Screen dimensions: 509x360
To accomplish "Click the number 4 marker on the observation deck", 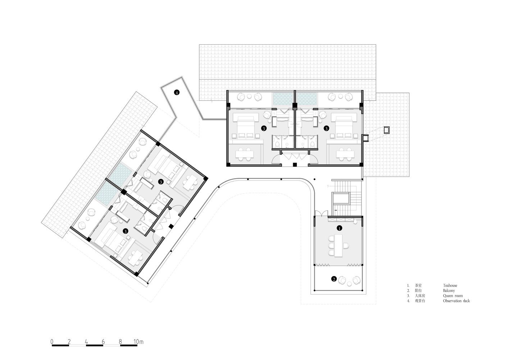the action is pyautogui.click(x=177, y=92).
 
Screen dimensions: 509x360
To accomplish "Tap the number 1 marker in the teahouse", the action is pyautogui.click(x=339, y=228).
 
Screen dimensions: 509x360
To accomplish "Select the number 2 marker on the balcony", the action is pyautogui.click(x=334, y=279).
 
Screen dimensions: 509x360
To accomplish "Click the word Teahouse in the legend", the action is pyautogui.click(x=450, y=285).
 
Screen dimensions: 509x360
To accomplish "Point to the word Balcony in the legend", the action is pyautogui.click(x=449, y=291).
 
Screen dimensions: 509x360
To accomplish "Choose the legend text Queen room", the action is pyautogui.click(x=453, y=296).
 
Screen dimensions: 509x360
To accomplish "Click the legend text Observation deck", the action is pyautogui.click(x=456, y=301).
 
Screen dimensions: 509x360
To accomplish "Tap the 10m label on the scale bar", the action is pyautogui.click(x=138, y=342).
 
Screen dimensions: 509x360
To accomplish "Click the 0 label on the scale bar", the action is pyautogui.click(x=52, y=342).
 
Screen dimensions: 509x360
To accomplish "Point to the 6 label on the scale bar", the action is pyautogui.click(x=103, y=342).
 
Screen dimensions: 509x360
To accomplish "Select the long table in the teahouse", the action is pyautogui.click(x=339, y=246).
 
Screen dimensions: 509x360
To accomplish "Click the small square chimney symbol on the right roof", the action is pyautogui.click(x=387, y=130).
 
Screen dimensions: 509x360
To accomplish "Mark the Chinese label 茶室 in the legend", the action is pyautogui.click(x=418, y=285).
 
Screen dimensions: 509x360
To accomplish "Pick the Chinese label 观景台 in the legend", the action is pyautogui.click(x=420, y=301).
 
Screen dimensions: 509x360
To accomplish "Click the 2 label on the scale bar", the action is pyautogui.click(x=69, y=342).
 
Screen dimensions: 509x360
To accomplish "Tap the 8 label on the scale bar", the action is pyautogui.click(x=120, y=342).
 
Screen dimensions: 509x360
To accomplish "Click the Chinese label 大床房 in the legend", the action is pyautogui.click(x=420, y=296).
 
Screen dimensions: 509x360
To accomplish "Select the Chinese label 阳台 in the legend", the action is pyautogui.click(x=418, y=291).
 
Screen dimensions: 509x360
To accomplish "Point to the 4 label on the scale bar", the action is pyautogui.click(x=86, y=342).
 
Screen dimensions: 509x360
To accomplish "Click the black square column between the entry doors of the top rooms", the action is pyautogui.click(x=295, y=165).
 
